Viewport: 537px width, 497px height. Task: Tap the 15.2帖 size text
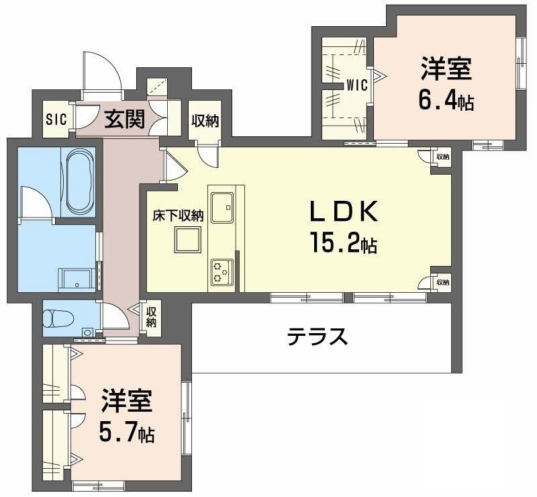pyautogui.click(x=342, y=241)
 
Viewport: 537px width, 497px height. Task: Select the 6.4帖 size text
pyautogui.click(x=446, y=100)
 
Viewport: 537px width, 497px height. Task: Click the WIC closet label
pyautogui.click(x=356, y=85)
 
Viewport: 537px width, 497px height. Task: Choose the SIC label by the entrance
pyautogui.click(x=56, y=120)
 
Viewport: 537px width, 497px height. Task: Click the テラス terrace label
pyautogui.click(x=318, y=336)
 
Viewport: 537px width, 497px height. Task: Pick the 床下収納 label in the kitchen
pyautogui.click(x=177, y=216)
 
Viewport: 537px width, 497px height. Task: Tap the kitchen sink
pyautogui.click(x=222, y=207)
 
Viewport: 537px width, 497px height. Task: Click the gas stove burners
pyautogui.click(x=222, y=272)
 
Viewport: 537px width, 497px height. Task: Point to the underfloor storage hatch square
pyautogui.click(x=188, y=239)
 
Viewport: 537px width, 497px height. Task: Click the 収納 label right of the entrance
pyautogui.click(x=205, y=121)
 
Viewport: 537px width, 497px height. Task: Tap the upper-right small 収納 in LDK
pyautogui.click(x=442, y=156)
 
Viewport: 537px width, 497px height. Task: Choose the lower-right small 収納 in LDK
pyautogui.click(x=441, y=282)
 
